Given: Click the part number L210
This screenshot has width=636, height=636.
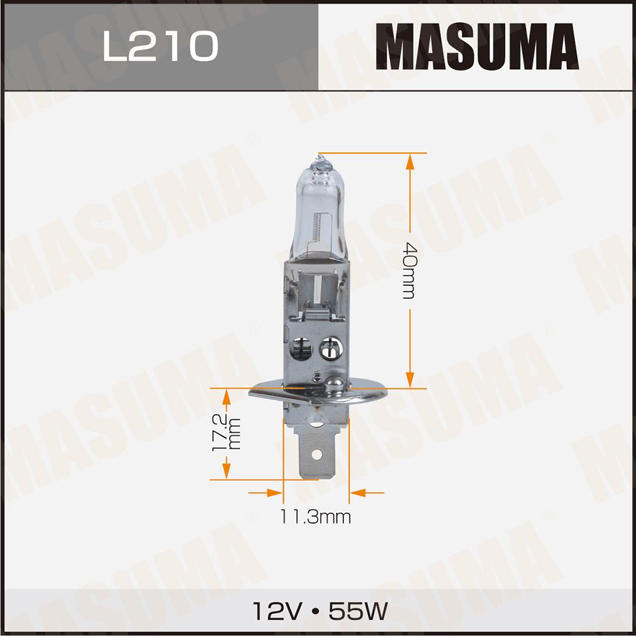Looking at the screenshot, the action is coord(161,46).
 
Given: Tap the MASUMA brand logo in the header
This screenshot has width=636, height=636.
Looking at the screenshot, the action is coord(477,46).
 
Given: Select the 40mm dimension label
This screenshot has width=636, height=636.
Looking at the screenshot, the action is coord(409,271).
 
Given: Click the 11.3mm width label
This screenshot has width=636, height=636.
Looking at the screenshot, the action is coord(315,517).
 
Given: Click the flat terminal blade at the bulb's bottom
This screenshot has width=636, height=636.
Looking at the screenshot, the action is coord(317,452).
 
